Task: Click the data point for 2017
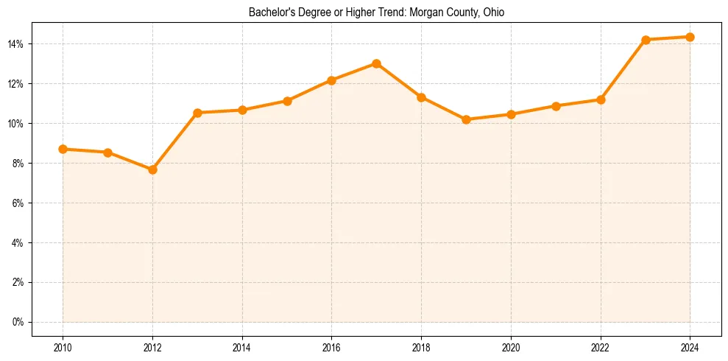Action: click(376, 63)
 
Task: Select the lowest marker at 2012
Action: click(152, 169)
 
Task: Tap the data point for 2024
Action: click(690, 37)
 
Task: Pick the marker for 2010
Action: click(63, 149)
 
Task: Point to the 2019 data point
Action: click(466, 119)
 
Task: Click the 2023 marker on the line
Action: click(646, 40)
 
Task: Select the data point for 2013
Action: click(197, 113)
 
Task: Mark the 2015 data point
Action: click(287, 101)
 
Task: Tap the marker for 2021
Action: click(556, 106)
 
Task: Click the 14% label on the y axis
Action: click(15, 44)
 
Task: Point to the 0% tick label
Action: click(18, 322)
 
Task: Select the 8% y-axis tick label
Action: click(18, 164)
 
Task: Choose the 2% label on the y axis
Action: click(18, 282)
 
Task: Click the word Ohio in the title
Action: click(493, 13)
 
